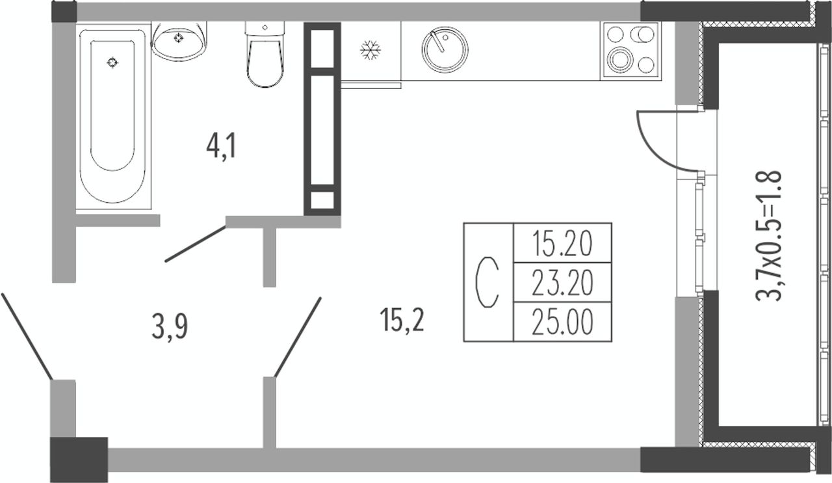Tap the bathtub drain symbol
[113, 63]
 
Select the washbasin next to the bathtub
[179, 40]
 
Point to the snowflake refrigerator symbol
[370, 51]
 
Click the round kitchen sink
[445, 50]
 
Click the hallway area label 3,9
[170, 328]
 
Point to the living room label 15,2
[403, 320]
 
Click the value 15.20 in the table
[562, 244]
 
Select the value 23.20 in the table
[562, 283]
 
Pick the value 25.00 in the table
[562, 322]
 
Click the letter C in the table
[487, 283]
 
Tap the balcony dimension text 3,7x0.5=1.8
[768, 235]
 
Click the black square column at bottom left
[79, 460]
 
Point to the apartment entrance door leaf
[26, 335]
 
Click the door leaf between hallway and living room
[298, 337]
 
